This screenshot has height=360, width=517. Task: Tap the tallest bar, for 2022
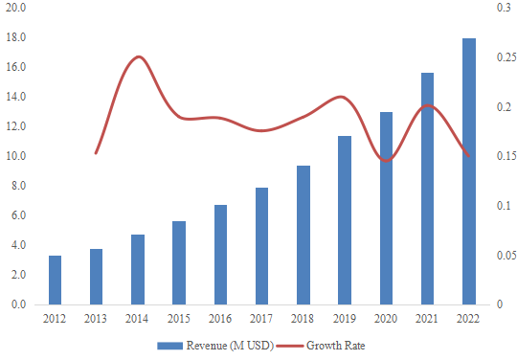pyautogui.click(x=469, y=171)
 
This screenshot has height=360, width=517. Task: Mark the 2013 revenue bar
pyautogui.click(x=96, y=277)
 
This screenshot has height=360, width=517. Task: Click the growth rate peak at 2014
pyautogui.click(x=139, y=56)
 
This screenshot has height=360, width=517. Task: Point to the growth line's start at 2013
pyautogui.click(x=96, y=153)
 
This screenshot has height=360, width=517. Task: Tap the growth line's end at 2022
pyautogui.click(x=469, y=156)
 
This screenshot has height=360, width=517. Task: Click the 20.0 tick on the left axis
pyautogui.click(x=16, y=8)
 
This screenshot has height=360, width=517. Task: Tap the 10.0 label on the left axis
pyautogui.click(x=16, y=156)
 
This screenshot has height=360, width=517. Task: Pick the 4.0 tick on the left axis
pyautogui.click(x=18, y=245)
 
